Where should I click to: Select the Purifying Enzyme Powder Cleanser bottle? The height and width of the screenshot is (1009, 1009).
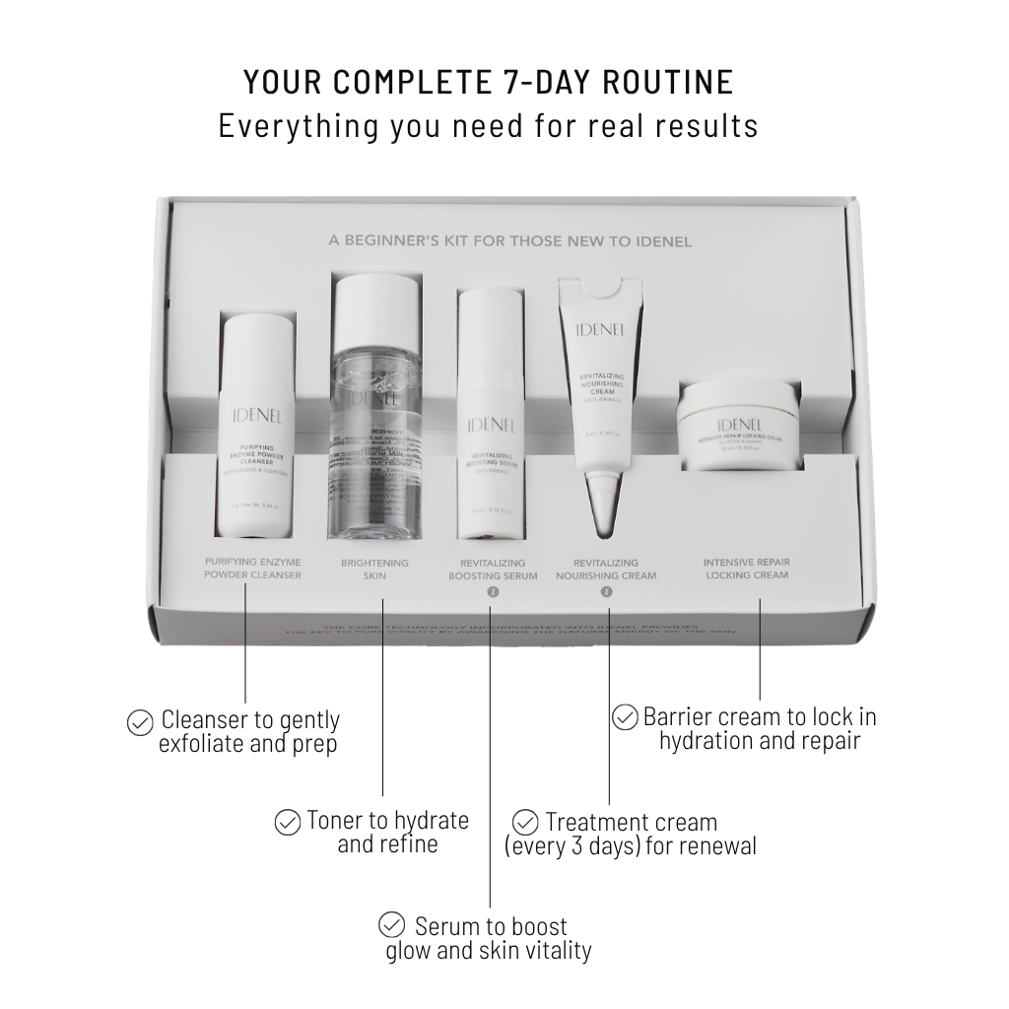tap(256, 430)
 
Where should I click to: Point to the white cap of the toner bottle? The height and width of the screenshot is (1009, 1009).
tap(377, 307)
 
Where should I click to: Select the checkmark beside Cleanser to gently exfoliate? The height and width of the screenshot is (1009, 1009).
tap(140, 722)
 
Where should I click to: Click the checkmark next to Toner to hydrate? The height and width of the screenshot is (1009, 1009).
tap(287, 822)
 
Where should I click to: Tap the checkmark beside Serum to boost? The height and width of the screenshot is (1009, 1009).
tap(392, 925)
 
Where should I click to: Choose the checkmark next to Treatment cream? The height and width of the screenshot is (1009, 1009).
tap(526, 822)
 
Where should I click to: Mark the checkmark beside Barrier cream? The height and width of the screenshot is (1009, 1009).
tap(625, 717)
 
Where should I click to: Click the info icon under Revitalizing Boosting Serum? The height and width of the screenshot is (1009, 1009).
tap(494, 592)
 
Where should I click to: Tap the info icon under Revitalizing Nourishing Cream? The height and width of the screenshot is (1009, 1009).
tap(606, 592)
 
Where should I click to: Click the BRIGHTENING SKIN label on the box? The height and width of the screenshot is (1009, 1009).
tap(374, 569)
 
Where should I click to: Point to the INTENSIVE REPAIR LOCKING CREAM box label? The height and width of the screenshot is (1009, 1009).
tap(746, 569)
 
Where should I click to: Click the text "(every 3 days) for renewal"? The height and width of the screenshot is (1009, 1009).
tap(631, 845)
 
